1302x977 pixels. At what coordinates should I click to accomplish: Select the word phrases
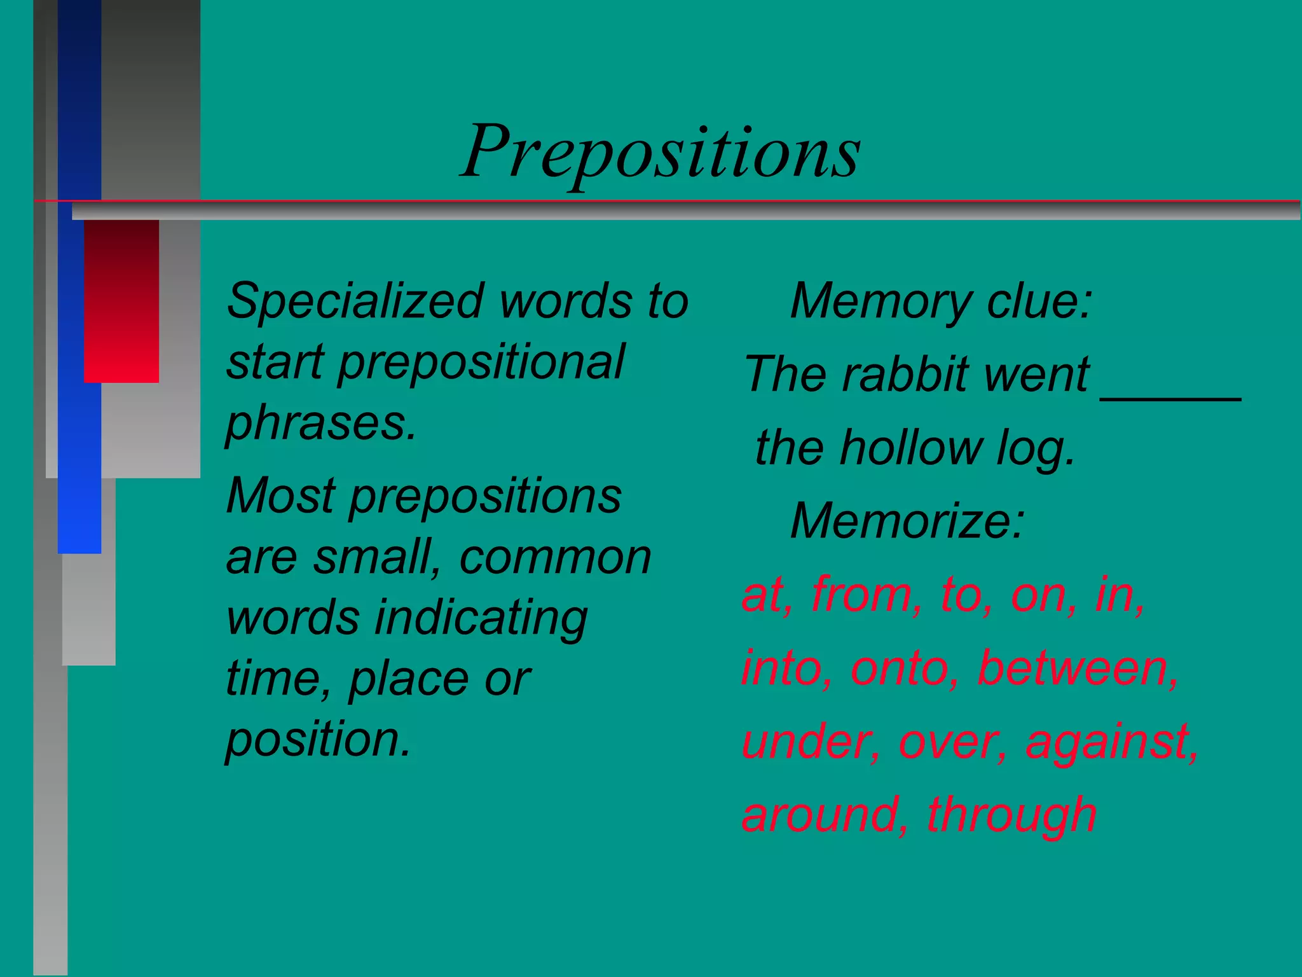point(321,424)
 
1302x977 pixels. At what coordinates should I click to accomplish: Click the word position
point(319,740)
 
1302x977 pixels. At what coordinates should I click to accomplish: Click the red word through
point(1011,816)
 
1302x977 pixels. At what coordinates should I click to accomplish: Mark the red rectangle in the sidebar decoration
point(121,301)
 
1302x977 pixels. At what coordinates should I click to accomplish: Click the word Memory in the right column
point(880,301)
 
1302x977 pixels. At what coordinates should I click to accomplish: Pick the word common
point(555,558)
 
